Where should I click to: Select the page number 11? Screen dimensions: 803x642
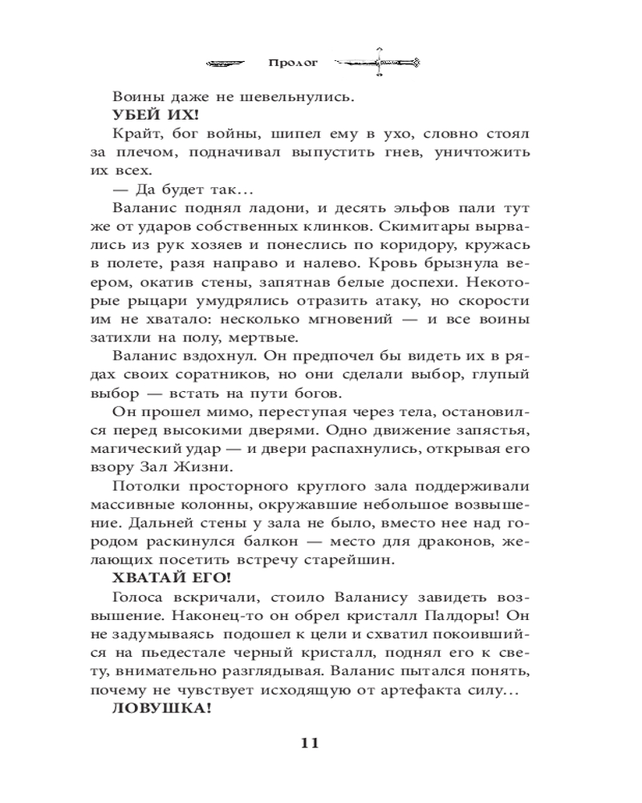click(x=310, y=742)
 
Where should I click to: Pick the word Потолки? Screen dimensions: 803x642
click(x=148, y=486)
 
